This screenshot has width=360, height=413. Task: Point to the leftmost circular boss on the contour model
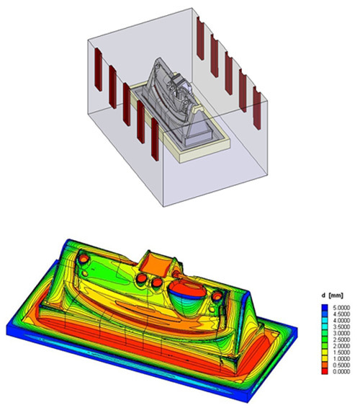point(84,257)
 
